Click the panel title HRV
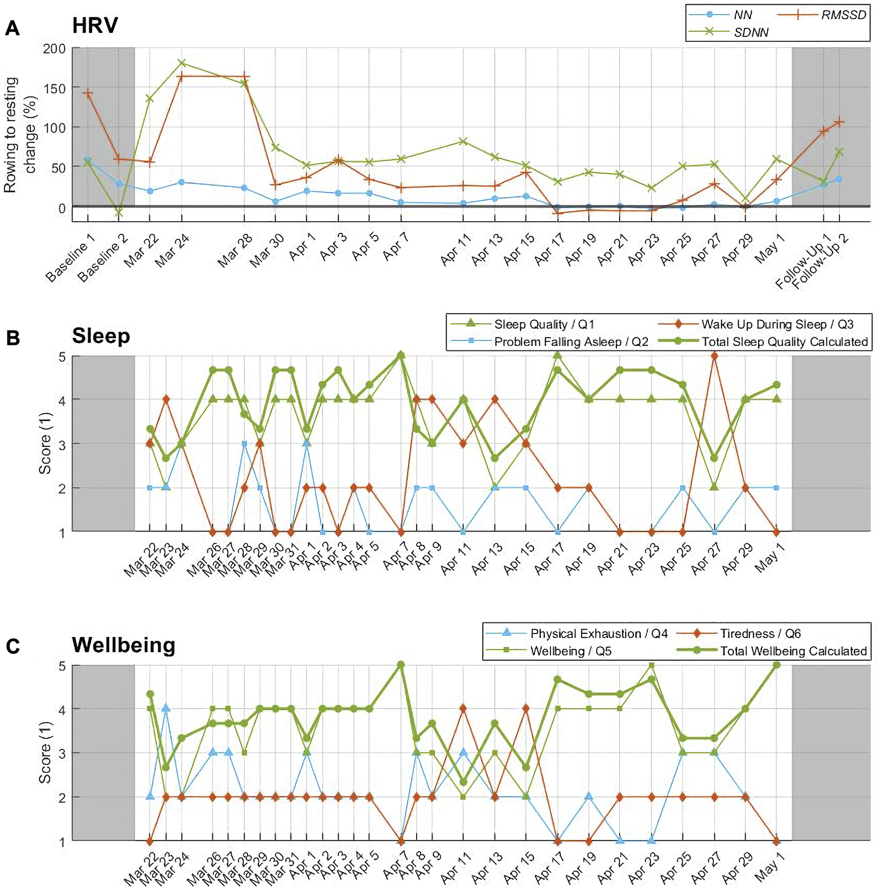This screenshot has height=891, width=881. (x=95, y=25)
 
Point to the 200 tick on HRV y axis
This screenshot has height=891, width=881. (x=55, y=49)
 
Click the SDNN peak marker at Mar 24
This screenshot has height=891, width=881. (x=181, y=63)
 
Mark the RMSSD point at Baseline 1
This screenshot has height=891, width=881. (x=88, y=93)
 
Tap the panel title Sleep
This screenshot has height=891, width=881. (x=101, y=336)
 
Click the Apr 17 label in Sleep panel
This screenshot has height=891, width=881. (x=550, y=559)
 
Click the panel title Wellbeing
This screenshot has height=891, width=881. (x=123, y=645)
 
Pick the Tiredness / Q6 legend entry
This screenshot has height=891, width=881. (x=760, y=633)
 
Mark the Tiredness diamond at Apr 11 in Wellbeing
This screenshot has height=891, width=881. (x=463, y=709)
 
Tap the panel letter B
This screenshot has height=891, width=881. (x=12, y=338)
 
